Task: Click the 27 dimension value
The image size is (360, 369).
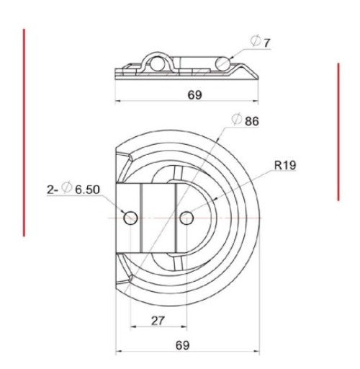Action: [158, 320]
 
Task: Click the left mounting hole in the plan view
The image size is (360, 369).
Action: [130, 217]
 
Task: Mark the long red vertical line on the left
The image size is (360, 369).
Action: [24, 133]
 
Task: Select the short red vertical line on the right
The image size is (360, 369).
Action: [338, 130]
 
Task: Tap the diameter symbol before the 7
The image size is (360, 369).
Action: [256, 43]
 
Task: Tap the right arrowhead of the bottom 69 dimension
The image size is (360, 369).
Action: [256, 353]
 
